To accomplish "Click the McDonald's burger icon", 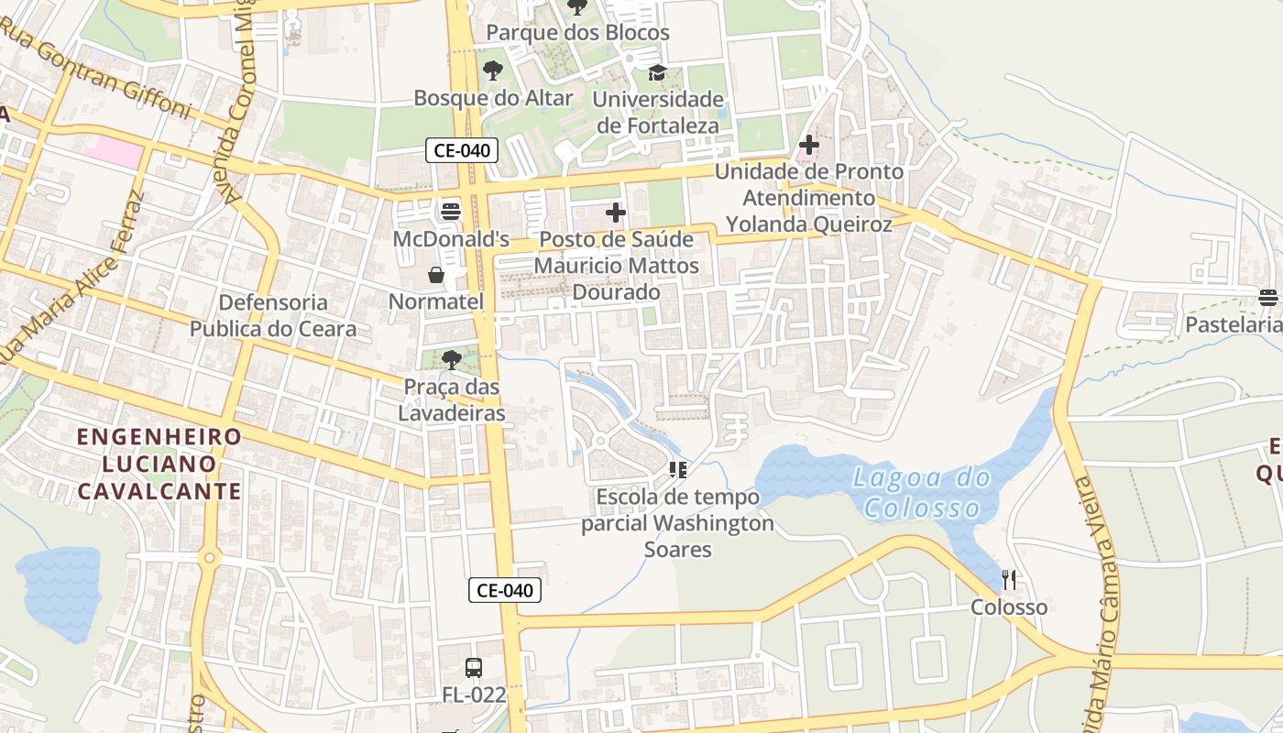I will [450, 212].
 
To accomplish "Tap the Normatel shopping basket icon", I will [436, 274].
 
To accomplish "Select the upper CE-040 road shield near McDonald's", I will [462, 150].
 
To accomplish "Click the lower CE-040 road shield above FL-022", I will [505, 590].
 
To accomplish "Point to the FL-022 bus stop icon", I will [474, 668].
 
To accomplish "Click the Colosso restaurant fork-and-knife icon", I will [1009, 579].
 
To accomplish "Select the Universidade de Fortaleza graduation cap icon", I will [657, 72].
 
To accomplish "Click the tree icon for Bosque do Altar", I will [493, 71].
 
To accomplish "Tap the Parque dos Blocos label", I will [577, 33].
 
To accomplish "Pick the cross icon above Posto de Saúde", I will [616, 213].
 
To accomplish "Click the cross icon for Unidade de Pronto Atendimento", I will [809, 145].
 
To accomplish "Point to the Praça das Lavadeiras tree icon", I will [451, 359].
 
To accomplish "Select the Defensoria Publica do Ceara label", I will [273, 315].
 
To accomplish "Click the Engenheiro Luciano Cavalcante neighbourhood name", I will [159, 464].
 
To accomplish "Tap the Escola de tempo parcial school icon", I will [678, 470].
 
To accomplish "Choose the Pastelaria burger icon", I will [1268, 297].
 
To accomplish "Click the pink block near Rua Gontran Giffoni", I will [114, 152].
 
